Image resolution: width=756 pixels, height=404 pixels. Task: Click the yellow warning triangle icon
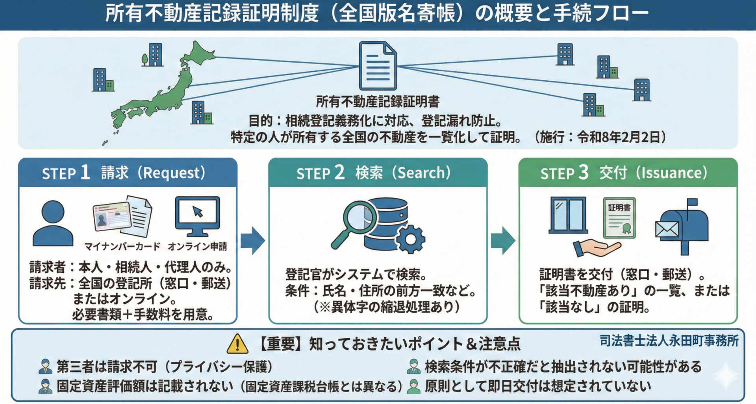point(237,344)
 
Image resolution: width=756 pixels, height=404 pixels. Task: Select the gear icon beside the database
point(410,238)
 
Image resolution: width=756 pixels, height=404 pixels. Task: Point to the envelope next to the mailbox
point(667,229)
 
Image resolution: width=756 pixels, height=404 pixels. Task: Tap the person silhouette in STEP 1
point(53,223)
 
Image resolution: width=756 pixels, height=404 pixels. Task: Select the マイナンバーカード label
point(122,247)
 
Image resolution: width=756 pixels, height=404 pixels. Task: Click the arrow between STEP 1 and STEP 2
point(252,240)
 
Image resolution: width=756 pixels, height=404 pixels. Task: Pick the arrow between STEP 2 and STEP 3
point(502,240)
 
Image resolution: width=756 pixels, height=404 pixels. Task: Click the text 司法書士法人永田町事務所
point(669,341)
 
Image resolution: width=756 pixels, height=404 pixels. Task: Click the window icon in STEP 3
point(568,215)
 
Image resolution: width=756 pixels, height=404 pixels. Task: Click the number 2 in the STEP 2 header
point(339,172)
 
